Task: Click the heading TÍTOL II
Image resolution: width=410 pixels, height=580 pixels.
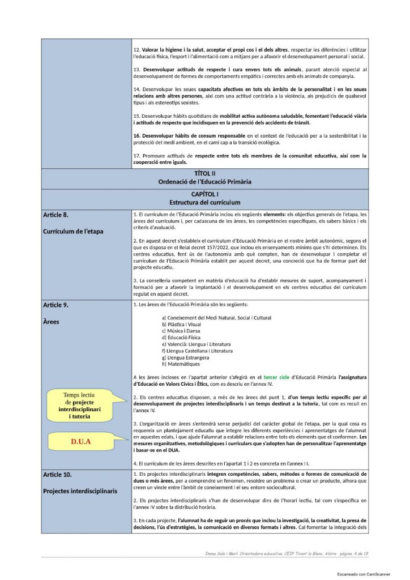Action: coord(205,173)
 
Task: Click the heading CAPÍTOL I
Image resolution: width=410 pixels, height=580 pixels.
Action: coord(205,194)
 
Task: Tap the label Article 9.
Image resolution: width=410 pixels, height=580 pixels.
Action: coord(55,305)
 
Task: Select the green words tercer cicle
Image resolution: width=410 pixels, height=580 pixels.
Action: coord(280,377)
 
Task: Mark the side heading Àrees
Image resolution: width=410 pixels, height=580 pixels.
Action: coord(52,321)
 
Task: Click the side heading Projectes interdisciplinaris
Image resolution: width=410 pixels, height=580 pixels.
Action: coord(80,491)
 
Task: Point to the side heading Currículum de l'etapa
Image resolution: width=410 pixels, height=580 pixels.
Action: coord(73,231)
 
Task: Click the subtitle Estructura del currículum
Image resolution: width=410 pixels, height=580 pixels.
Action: coord(205,202)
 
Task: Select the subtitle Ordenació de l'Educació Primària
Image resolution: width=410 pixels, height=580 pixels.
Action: coord(205,181)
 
